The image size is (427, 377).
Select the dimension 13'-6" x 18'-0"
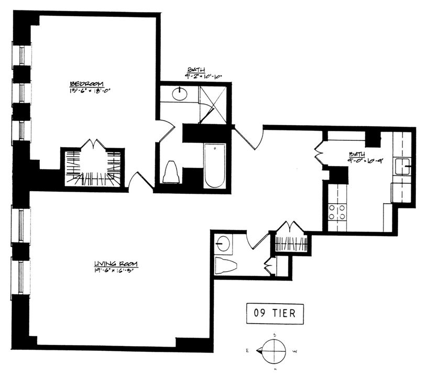tap(92, 91)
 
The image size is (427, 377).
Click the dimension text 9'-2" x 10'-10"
tap(203, 76)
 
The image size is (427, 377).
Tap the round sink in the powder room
tap(224, 243)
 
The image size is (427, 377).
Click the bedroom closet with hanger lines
tap(94, 167)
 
